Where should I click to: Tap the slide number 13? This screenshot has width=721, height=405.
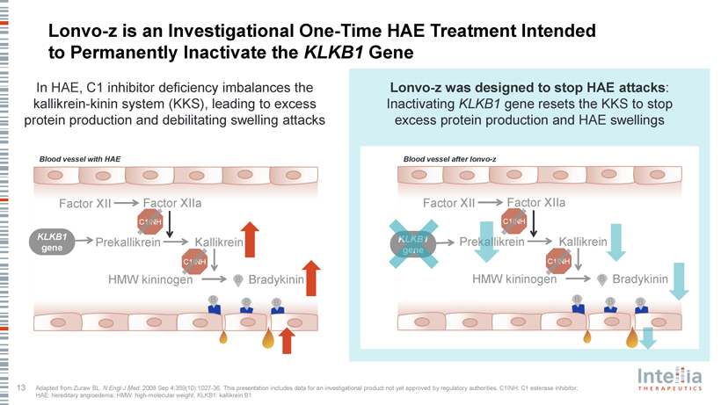(x=20, y=387)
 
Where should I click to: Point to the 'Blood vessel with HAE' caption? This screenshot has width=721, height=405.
(x=79, y=158)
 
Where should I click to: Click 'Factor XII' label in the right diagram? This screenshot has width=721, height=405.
(x=448, y=204)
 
